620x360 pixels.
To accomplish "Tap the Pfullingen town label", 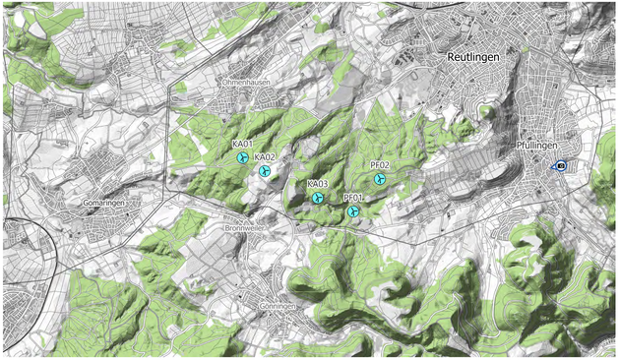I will click(x=537, y=146).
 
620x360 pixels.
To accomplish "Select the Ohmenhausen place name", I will click(x=246, y=83).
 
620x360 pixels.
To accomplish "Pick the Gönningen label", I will click(x=273, y=306).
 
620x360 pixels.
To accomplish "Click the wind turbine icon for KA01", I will click(x=242, y=158).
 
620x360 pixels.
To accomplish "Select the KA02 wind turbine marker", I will click(x=264, y=171).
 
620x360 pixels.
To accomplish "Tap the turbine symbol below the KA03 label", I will click(x=317, y=198).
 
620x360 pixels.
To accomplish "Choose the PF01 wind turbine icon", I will click(x=353, y=211).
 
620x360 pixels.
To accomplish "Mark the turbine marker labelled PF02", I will click(x=380, y=179).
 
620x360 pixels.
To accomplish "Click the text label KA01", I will click(x=242, y=145).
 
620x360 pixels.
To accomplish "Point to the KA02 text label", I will click(x=264, y=157).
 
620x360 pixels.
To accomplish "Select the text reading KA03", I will click(x=317, y=184).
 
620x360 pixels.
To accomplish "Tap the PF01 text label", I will click(x=353, y=198).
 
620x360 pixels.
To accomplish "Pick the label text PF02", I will click(x=380, y=165).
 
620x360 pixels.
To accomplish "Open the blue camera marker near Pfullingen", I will click(x=560, y=167).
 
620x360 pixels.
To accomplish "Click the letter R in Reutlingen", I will click(x=449, y=58).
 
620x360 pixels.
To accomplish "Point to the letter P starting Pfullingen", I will click(x=519, y=146).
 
